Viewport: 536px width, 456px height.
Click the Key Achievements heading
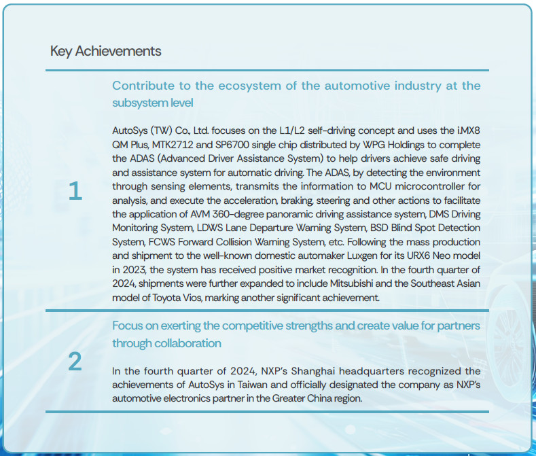[105, 51]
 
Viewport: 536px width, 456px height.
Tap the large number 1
[75, 192]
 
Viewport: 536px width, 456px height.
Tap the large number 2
[75, 362]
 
